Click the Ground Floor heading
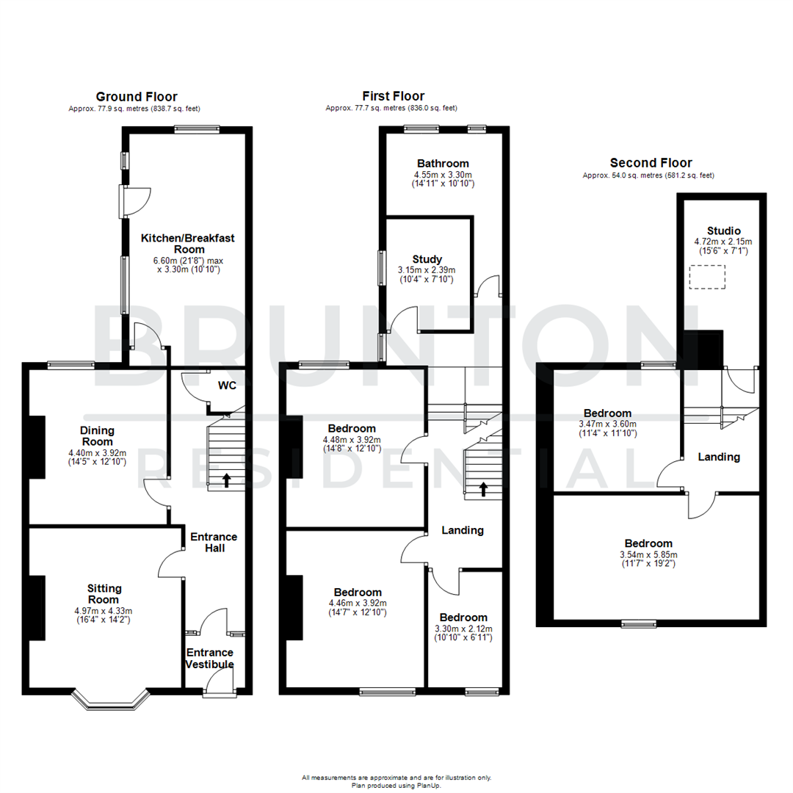point(137,96)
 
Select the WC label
point(226,385)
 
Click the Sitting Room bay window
point(109,701)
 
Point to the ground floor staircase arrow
point(226,481)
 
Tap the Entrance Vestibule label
point(209,659)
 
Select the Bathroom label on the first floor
point(443,163)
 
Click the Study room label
point(427,259)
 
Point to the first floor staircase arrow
point(483,489)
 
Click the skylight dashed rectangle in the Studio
point(707,278)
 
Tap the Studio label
point(724,230)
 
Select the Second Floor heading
point(651,163)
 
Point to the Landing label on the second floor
point(719,457)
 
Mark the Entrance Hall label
point(213,542)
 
